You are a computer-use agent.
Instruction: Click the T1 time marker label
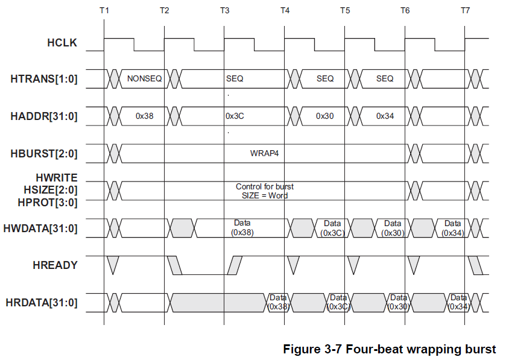click(104, 11)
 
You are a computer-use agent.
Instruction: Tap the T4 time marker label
click(285, 11)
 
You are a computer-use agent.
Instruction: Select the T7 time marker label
click(465, 11)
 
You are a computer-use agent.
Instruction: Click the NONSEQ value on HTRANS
click(144, 78)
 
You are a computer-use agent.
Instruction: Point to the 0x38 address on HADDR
click(145, 116)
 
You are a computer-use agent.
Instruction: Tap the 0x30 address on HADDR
click(324, 116)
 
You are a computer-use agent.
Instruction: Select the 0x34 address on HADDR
click(385, 116)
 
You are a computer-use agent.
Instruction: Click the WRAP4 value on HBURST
click(264, 153)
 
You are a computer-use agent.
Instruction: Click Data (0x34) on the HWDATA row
click(452, 228)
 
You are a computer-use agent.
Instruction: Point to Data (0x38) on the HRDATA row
click(278, 302)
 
